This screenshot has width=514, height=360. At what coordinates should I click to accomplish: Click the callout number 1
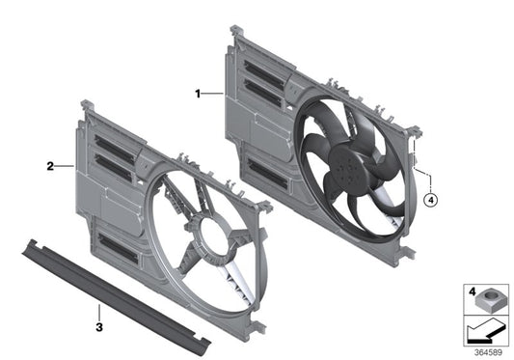click(x=199, y=94)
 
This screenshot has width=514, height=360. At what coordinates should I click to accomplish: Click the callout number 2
click(x=49, y=166)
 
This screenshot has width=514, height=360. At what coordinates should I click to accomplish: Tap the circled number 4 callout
click(x=430, y=202)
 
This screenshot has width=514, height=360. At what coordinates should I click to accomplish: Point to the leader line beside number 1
click(x=213, y=94)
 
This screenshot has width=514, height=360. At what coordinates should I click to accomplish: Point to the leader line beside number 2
click(x=64, y=166)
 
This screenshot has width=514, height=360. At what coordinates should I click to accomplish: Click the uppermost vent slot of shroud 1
click(x=264, y=69)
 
